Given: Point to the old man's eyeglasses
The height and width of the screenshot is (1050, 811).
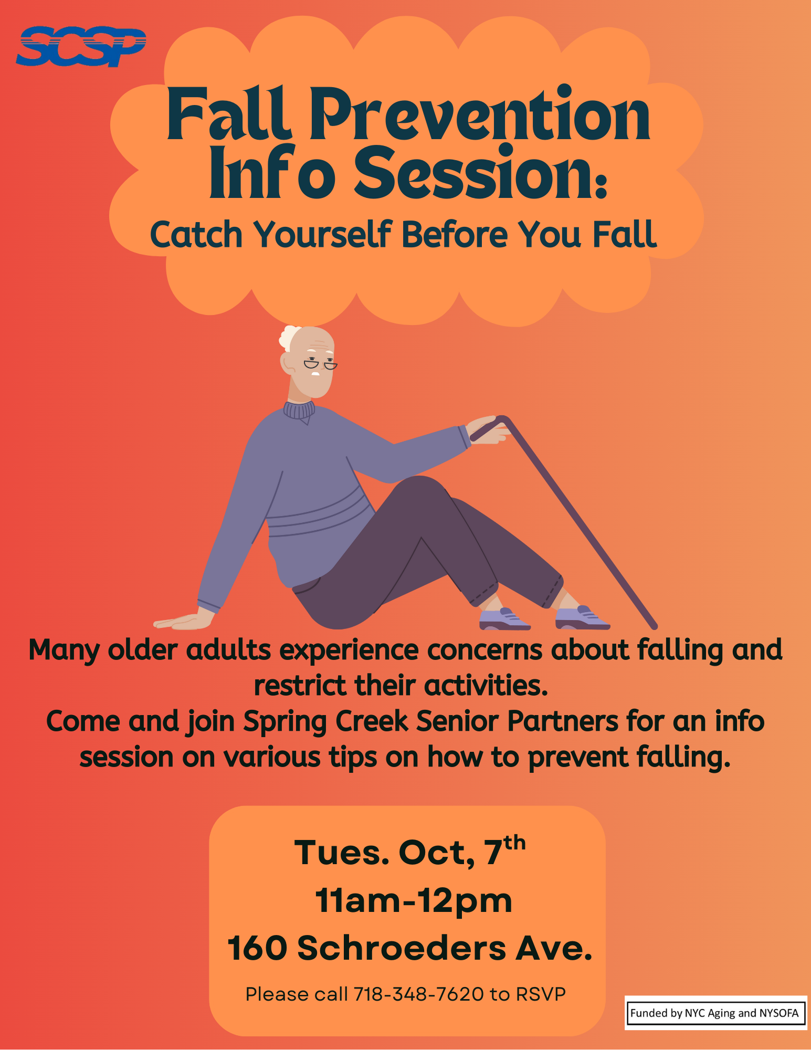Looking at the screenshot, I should point(320,364).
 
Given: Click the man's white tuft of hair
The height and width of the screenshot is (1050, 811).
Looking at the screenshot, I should point(288,337).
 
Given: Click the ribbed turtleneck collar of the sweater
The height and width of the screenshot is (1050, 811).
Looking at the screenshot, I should point(299,410).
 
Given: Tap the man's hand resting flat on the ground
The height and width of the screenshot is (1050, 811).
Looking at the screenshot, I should point(184,622).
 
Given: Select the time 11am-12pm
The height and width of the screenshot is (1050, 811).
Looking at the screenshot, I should point(414,901).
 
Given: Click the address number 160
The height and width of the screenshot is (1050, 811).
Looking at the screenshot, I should point(257,949).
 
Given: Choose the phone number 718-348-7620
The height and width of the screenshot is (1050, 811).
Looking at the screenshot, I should point(418,994).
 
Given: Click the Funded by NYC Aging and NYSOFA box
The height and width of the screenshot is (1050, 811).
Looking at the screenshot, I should point(714,1013).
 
